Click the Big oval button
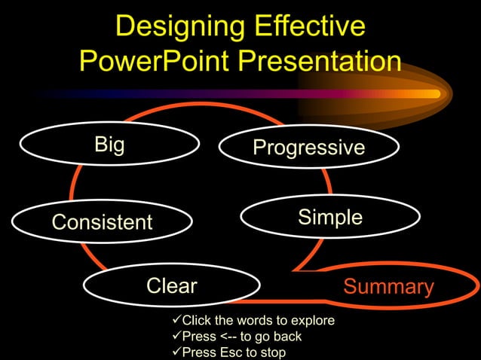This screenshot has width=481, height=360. (110, 144)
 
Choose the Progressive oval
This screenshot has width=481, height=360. (308, 148)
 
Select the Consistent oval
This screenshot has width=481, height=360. (102, 222)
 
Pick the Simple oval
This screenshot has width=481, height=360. (329, 218)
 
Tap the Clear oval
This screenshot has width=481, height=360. (171, 285)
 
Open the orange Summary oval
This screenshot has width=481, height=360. (388, 287)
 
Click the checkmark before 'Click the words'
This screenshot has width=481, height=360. (177, 321)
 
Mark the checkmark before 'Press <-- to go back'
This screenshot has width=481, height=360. (177, 336)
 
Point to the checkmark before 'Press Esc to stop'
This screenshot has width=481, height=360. (177, 352)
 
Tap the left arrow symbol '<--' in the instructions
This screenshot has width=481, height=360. (228, 337)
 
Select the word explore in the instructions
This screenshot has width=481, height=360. (314, 322)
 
